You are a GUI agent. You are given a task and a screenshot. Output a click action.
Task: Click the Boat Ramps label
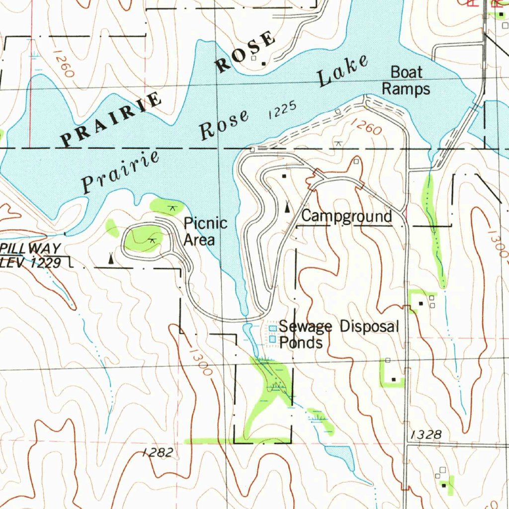[x=406, y=81]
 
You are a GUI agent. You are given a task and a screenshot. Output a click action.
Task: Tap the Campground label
[x=346, y=217]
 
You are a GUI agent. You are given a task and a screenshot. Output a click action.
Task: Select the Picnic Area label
[x=205, y=232]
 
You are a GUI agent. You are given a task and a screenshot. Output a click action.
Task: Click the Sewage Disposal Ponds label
[x=338, y=334]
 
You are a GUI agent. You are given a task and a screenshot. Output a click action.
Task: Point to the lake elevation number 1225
[x=282, y=110]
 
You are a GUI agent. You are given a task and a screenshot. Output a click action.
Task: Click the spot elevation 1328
[x=426, y=435]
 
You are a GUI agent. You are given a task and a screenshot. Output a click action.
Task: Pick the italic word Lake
[x=343, y=72]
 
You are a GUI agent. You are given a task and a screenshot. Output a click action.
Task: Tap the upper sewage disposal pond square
[x=272, y=329]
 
